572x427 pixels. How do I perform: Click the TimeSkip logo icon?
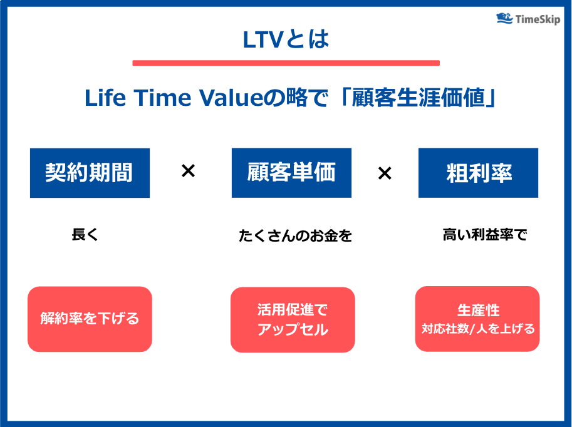click(504, 18)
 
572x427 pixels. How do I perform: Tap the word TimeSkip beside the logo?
click(538, 19)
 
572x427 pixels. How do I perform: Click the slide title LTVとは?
click(286, 39)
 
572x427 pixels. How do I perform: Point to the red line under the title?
click(286, 63)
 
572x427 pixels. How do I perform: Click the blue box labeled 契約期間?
click(90, 173)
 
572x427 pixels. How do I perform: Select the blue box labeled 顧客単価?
click(291, 173)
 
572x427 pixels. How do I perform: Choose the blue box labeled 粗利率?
click(478, 173)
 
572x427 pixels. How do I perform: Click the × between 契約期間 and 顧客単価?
click(188, 171)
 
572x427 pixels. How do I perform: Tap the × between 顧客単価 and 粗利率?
click(385, 173)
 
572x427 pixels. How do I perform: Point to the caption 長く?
click(86, 235)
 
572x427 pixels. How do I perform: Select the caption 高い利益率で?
click(485, 235)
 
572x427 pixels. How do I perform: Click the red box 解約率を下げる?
click(90, 319)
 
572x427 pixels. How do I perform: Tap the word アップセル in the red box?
click(293, 330)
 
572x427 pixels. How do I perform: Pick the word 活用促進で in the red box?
click(293, 310)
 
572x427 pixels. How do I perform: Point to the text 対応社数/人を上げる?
click(478, 329)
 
